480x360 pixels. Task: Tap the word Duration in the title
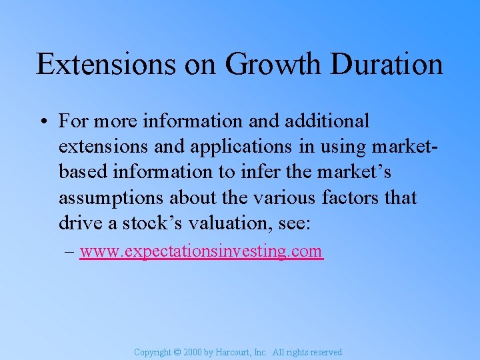coord(387,64)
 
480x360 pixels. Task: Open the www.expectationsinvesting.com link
coord(201,251)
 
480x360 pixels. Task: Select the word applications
coord(229,147)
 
